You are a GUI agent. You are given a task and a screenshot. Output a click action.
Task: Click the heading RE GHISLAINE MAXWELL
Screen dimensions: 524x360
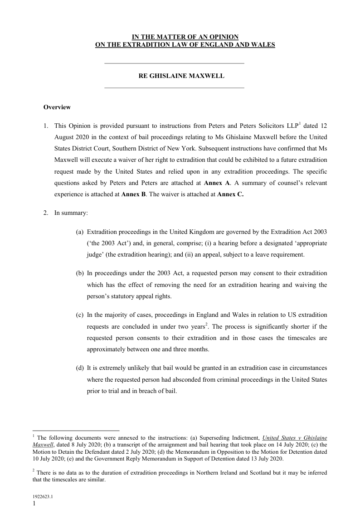pos(181,76)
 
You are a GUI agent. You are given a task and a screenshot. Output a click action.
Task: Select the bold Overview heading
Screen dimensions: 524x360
pos(57,107)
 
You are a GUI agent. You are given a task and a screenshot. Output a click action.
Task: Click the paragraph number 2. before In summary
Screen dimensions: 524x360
pos(46,213)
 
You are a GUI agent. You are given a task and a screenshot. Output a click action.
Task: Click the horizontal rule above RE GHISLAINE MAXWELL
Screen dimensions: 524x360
pos(174,63)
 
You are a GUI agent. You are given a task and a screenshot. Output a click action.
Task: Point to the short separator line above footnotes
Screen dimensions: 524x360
pos(76,430)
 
